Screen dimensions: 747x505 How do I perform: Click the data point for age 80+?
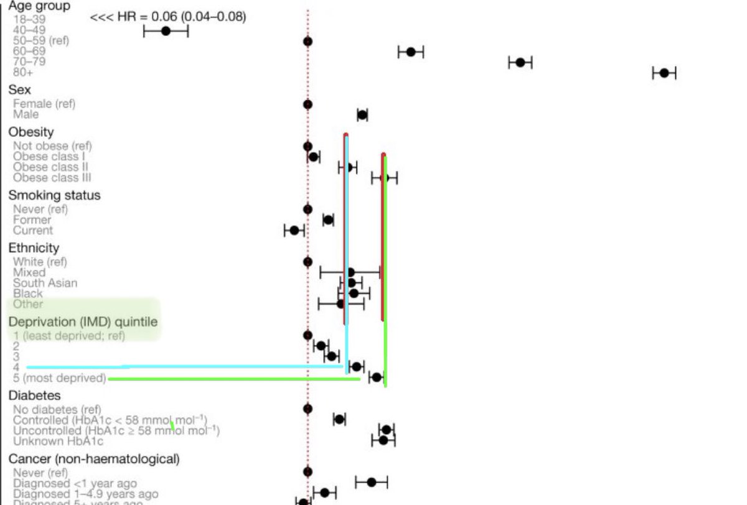[664, 73]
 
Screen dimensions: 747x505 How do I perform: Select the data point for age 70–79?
[520, 62]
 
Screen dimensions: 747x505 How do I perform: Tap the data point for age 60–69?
[411, 52]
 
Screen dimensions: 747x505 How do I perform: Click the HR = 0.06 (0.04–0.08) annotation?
[168, 17]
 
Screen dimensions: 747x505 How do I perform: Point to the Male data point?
[362, 114]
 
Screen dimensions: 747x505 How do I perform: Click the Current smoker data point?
[294, 230]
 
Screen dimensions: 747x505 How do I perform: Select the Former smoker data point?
[328, 220]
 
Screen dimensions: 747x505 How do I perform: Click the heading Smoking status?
[54, 195]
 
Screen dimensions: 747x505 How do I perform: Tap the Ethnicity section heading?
[34, 248]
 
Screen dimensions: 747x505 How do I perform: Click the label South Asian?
[45, 283]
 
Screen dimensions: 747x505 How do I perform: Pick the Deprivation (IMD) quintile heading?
[83, 322]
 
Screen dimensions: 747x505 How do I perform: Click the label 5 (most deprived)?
[59, 378]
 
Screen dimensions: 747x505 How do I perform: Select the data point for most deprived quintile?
[376, 377]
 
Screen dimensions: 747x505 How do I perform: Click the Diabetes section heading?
[34, 396]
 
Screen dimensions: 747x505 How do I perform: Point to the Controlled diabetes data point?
[339, 419]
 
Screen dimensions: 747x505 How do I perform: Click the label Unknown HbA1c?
[58, 441]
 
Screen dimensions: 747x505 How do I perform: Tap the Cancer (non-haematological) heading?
[94, 459]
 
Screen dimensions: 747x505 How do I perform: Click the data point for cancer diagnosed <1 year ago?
[372, 482]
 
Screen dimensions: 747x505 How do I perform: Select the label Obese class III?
[52, 178]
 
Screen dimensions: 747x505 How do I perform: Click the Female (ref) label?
[44, 104]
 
